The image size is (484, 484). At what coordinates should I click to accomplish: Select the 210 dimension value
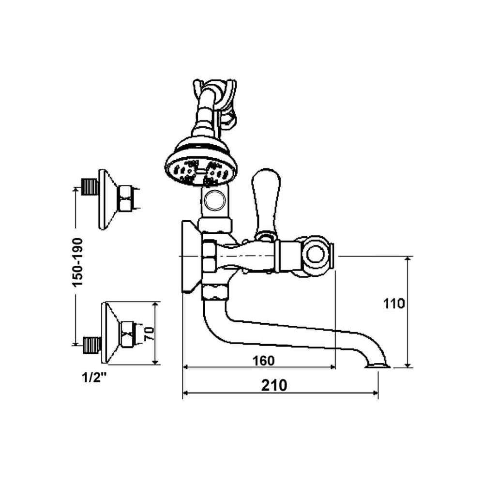274,385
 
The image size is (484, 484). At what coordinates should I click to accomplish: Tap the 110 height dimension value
394,304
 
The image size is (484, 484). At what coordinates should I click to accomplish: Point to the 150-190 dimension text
77,262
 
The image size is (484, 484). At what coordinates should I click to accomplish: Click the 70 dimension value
150,333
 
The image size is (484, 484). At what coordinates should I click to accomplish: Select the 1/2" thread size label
94,377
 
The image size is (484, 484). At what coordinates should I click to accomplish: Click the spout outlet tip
378,366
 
